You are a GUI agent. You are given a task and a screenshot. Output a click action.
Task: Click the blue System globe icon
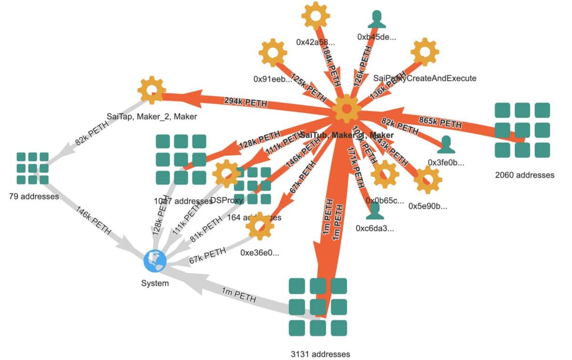(155, 261)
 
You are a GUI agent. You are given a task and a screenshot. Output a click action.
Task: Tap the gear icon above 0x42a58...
(316, 16)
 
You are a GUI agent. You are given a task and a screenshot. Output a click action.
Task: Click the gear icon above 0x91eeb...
(273, 53)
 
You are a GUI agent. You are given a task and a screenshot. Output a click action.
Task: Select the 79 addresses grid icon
(32, 168)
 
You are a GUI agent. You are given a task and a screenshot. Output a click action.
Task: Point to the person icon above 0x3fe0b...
(446, 144)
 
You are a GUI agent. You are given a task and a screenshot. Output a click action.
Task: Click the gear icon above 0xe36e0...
(260, 226)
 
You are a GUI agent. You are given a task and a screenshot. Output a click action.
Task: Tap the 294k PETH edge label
(245, 102)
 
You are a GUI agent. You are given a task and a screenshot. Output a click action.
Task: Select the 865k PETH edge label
(440, 123)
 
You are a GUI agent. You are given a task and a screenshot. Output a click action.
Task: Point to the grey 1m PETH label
(238, 296)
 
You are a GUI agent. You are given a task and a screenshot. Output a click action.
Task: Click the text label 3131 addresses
(320, 354)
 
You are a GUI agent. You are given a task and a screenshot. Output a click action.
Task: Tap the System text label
(155, 283)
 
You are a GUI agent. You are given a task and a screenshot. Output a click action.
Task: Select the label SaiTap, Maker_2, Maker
(151, 116)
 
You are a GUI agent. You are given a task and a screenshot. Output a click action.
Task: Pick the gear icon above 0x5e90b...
(427, 179)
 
